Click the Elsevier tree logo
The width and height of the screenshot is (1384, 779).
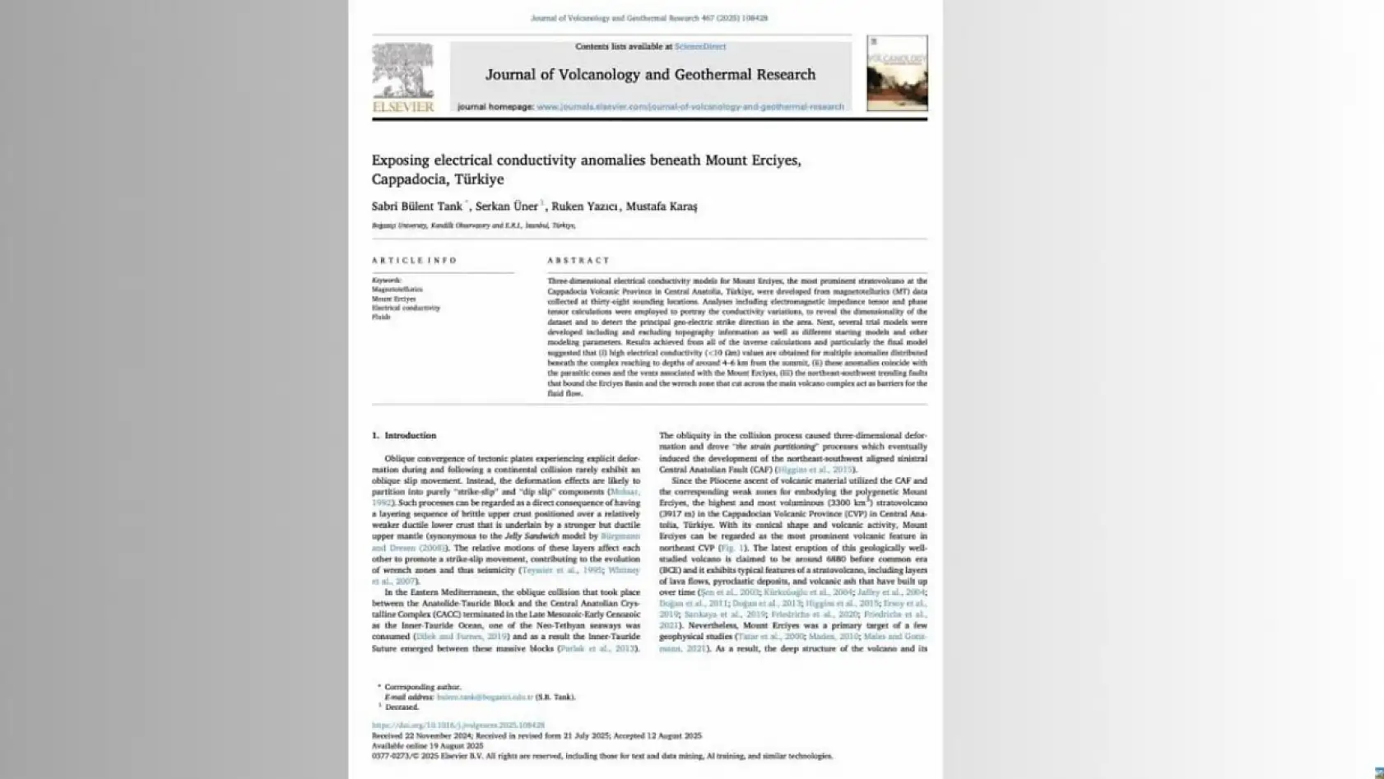point(402,71)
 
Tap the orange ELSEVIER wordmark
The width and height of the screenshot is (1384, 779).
point(403,107)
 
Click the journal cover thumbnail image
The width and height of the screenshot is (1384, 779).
point(897,73)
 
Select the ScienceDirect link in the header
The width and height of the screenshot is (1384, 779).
point(700,47)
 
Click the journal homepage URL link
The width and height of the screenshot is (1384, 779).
point(690,107)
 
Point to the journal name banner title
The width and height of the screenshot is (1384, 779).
point(650,75)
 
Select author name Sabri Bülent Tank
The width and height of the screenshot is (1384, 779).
point(416,206)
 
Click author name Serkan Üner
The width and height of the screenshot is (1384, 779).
point(506,206)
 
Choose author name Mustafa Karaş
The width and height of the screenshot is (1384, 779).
point(661,206)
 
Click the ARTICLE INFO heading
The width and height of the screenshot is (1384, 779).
point(414,261)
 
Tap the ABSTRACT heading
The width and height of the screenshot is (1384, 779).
point(578,261)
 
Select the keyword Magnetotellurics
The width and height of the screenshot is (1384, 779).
point(397,290)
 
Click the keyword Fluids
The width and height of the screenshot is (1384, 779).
point(381,317)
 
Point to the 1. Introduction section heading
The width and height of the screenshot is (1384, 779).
point(404,435)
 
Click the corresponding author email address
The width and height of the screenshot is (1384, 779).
point(485,697)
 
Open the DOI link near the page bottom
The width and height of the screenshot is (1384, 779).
point(457,726)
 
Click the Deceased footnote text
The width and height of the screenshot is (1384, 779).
point(402,707)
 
